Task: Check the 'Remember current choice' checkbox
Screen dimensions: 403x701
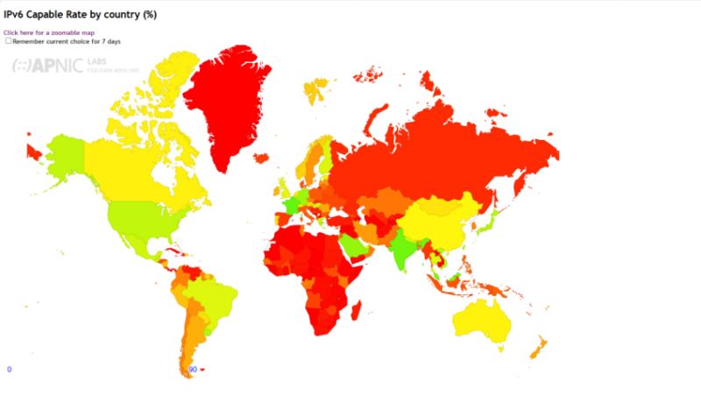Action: tap(9, 40)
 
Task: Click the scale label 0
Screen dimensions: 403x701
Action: tap(9, 369)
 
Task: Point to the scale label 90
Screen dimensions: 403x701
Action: tap(192, 369)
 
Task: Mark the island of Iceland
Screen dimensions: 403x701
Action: tap(260, 159)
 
